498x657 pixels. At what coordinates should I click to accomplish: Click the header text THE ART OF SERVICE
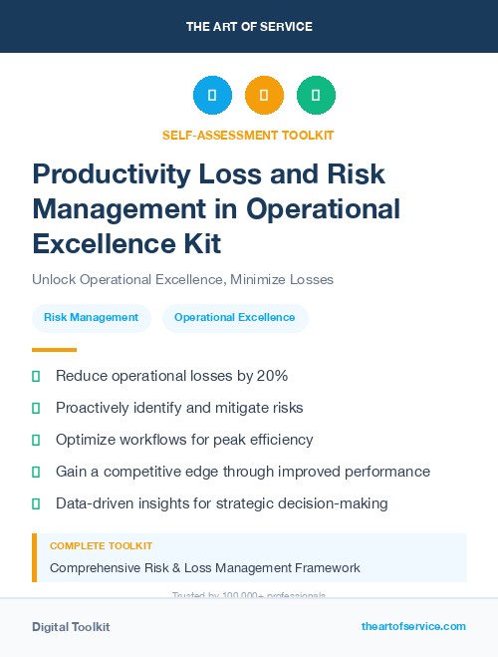249,27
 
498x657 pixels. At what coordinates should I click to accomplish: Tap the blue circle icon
212,96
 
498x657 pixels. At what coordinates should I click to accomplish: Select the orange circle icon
264,96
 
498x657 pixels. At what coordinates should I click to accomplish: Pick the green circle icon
316,96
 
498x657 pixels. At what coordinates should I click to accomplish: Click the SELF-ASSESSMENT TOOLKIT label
248,135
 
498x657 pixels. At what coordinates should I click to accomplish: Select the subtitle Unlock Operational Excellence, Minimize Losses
182,279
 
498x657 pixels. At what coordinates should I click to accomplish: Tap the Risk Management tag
91,318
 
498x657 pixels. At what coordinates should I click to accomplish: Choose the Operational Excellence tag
234,318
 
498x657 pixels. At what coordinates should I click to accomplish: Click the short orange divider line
54,350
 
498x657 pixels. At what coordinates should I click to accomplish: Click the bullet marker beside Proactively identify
36,408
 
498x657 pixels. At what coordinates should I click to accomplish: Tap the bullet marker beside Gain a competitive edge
36,472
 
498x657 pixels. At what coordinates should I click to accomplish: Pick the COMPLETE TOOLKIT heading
101,546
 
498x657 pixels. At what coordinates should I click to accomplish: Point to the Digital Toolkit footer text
71,627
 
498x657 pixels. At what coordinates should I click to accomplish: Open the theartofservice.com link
413,626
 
